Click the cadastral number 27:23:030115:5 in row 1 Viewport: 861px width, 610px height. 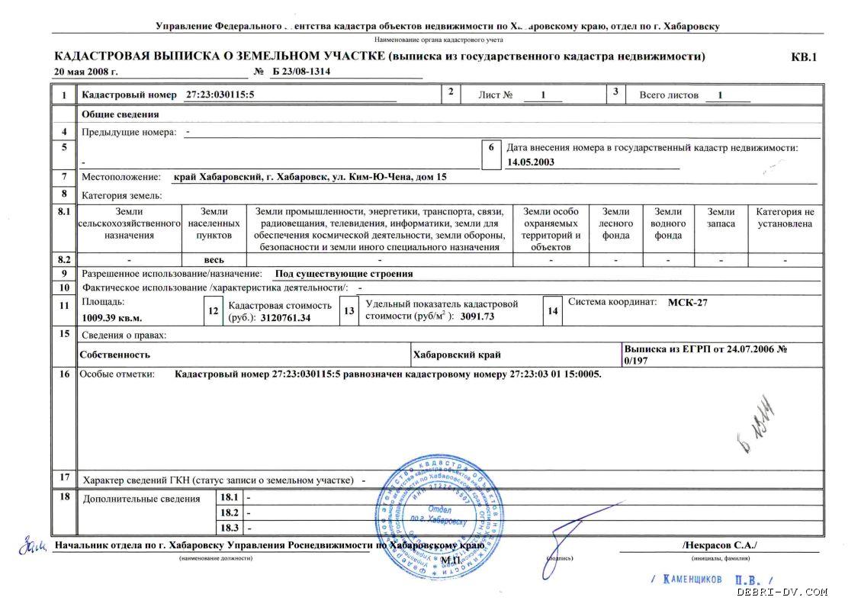(x=220, y=95)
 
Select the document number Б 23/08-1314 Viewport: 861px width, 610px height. (x=301, y=72)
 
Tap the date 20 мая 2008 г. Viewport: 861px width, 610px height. (x=86, y=72)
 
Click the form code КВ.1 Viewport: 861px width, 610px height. (x=804, y=56)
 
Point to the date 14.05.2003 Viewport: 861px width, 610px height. (x=531, y=162)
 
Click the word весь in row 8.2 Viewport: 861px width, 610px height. (x=214, y=260)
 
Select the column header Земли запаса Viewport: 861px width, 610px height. (x=721, y=218)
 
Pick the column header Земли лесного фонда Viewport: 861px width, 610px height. (x=615, y=223)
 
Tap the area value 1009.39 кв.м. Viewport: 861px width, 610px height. (x=112, y=317)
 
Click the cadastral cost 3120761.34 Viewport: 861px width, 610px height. (x=286, y=317)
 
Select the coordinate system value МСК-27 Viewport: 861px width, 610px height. (x=688, y=302)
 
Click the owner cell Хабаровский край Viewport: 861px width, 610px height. (x=457, y=355)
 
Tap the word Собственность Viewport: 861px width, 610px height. (x=114, y=355)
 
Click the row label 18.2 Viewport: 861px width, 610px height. (x=230, y=512)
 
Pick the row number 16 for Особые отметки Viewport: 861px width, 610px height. (x=65, y=374)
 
